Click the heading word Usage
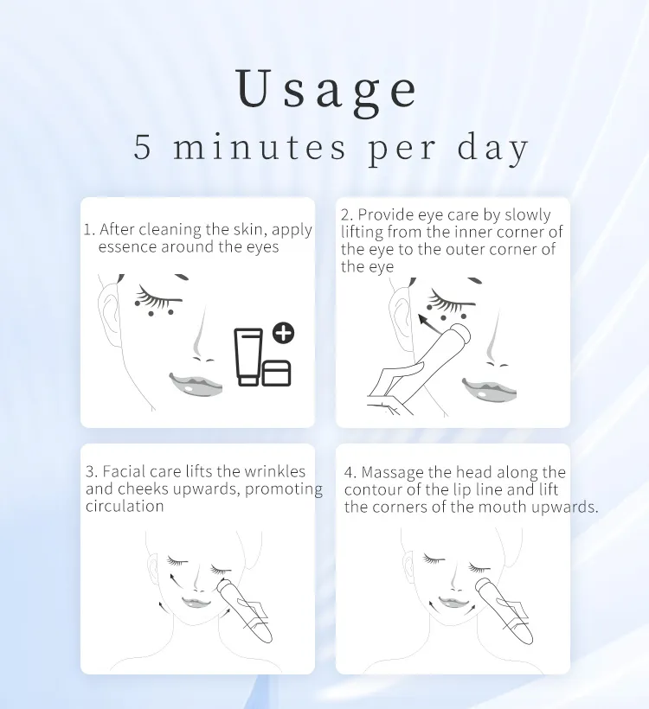click(326, 90)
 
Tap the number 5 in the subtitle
click(142, 147)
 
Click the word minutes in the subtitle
click(260, 146)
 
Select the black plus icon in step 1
click(283, 333)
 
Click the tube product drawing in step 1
click(248, 357)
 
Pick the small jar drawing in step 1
click(276, 374)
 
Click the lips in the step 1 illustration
click(196, 385)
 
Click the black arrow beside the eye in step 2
click(427, 323)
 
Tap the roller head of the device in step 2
click(460, 334)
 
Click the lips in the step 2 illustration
click(489, 389)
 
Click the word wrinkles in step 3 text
click(274, 471)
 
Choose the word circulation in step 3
click(125, 506)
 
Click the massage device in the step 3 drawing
click(244, 611)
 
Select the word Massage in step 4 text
click(393, 472)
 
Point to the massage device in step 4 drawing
click(504, 611)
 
